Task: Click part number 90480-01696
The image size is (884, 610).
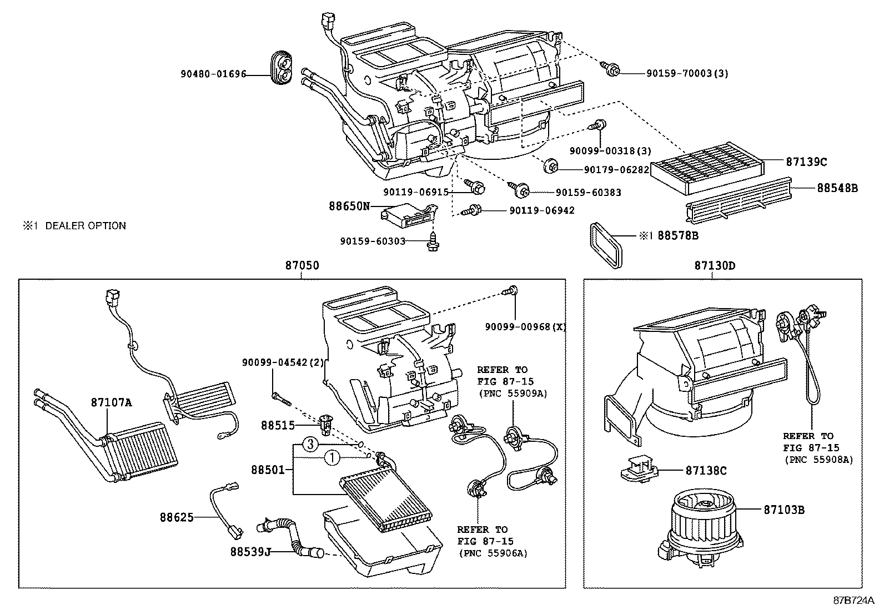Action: point(213,74)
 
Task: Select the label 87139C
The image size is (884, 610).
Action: point(806,162)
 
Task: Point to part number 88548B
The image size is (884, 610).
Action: point(837,188)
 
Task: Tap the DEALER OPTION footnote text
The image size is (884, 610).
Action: point(74,226)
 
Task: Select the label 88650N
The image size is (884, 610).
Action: point(349,206)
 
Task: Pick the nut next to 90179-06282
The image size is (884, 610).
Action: point(551,165)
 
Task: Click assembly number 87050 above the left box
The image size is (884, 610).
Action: point(302,265)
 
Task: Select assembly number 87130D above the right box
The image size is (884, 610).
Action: point(714,265)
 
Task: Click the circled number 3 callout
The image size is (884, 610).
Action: point(311,444)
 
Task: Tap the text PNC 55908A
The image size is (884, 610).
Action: point(818,460)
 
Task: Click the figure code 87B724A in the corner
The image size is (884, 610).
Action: point(853,601)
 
